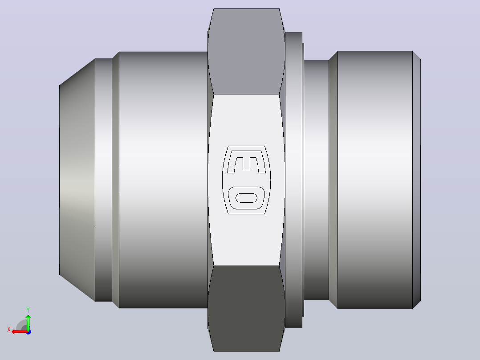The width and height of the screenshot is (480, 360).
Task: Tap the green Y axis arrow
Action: tap(28, 322)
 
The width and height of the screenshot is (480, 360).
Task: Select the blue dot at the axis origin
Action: tap(28, 332)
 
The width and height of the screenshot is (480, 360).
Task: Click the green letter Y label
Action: tap(28, 310)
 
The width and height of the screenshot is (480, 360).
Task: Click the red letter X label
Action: tap(9, 329)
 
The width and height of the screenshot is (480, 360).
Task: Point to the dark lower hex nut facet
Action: tap(246, 308)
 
